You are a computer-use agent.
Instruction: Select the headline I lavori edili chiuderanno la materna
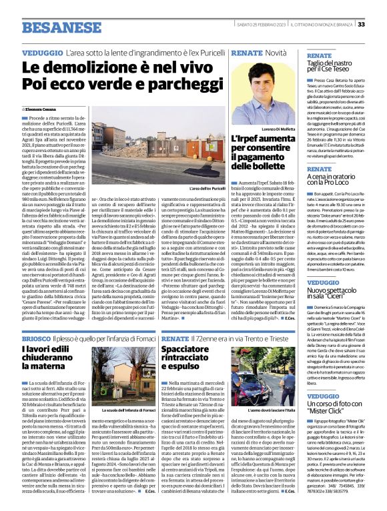pyautogui.click(x=50, y=359)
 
